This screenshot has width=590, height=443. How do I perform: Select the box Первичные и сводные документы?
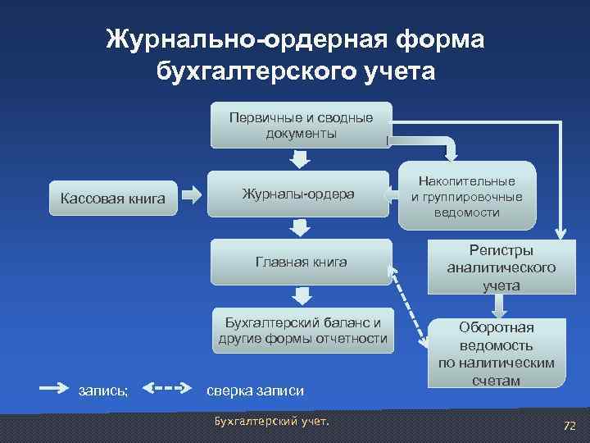pos(301,125)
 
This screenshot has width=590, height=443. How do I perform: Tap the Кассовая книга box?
pos(113,198)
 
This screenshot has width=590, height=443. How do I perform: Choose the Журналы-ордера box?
pos(298,194)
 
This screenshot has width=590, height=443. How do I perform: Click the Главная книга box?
pos(301,262)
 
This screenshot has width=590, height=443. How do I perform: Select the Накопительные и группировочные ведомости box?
pos(466,197)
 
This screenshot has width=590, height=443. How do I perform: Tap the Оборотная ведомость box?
pos(496,353)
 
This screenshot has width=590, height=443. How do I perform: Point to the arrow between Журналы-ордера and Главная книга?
pos(302,227)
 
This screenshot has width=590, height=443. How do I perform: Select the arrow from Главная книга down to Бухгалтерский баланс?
pos(302,295)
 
